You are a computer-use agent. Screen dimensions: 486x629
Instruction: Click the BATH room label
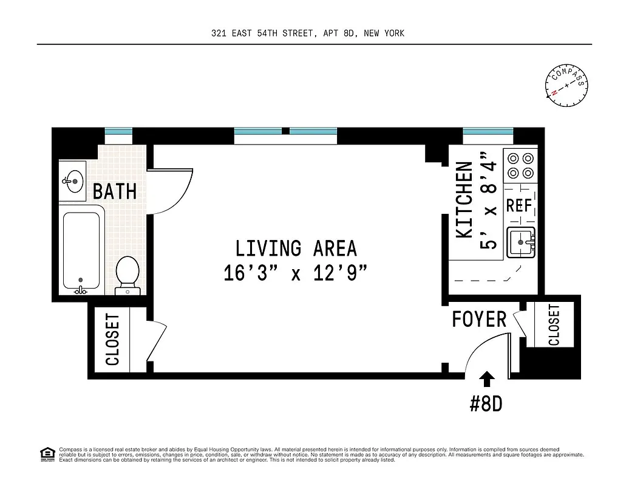115,192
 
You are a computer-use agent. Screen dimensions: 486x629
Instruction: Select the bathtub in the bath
81,250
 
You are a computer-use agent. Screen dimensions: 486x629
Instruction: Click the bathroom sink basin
75,180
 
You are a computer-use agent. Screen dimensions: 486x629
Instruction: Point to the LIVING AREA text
296,248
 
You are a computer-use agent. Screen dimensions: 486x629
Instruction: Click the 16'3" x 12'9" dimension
296,273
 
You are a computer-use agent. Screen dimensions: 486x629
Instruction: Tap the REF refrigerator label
519,205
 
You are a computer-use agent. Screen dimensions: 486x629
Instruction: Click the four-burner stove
521,165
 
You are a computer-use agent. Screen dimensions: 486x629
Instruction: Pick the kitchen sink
522,242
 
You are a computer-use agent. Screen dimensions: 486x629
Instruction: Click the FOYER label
479,319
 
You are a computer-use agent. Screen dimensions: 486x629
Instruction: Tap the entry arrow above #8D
487,380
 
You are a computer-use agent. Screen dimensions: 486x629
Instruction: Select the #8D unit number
486,404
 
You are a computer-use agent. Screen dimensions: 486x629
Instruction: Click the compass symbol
567,85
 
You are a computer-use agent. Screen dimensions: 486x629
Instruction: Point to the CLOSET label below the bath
113,340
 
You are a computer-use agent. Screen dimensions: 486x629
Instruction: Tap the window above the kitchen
488,132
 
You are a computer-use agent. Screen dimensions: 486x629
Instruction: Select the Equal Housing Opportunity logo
46,453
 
